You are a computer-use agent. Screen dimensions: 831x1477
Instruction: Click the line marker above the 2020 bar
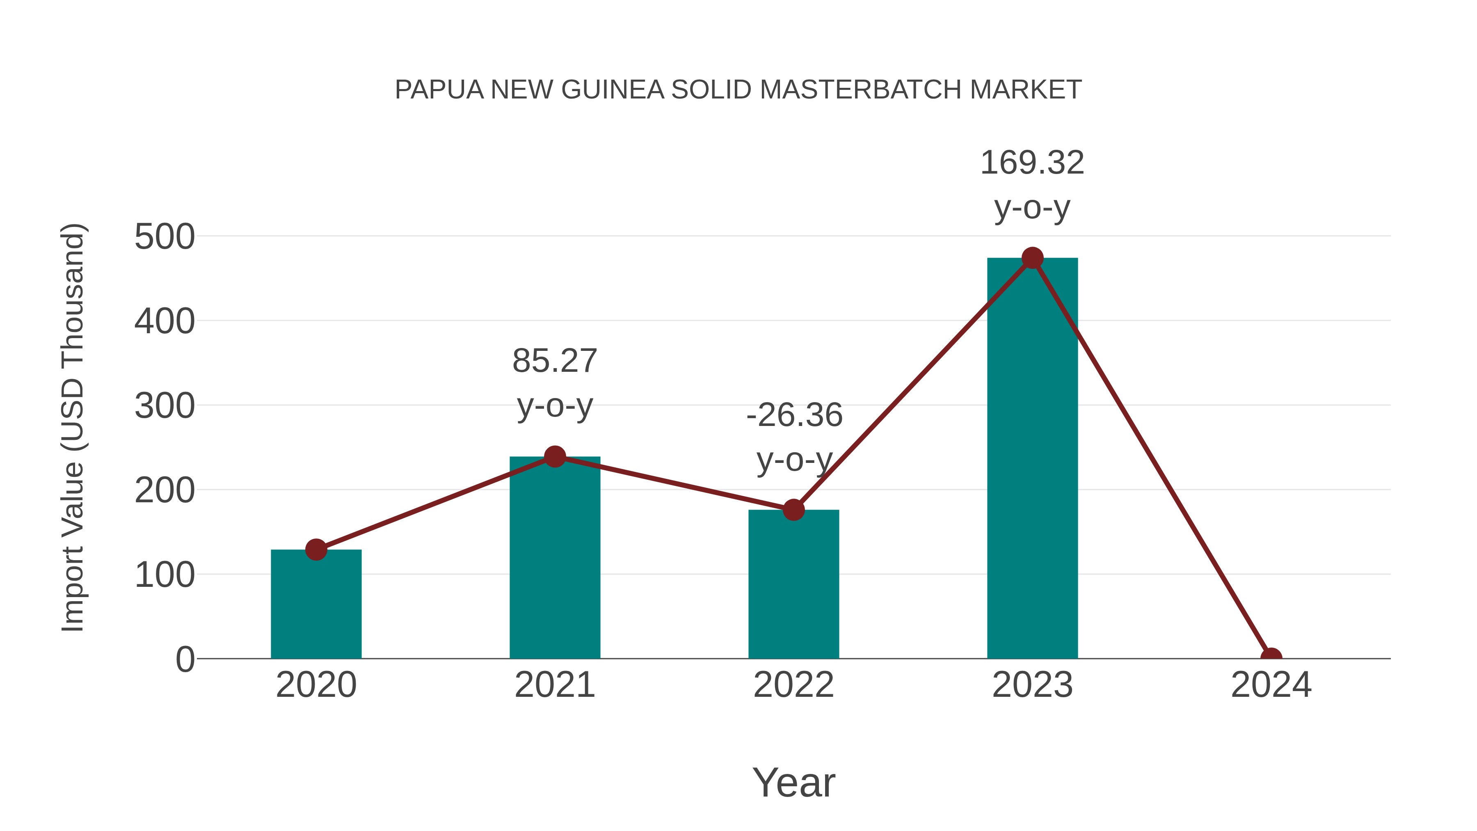[x=316, y=549]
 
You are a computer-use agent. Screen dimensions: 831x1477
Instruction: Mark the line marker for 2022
[x=793, y=509]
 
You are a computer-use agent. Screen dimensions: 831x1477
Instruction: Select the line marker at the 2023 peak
[x=1032, y=258]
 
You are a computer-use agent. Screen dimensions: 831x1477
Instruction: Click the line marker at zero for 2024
[x=1271, y=657]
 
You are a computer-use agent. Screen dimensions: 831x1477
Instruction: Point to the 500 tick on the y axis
[x=165, y=236]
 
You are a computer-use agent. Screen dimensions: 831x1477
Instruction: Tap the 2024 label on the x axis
[x=1271, y=685]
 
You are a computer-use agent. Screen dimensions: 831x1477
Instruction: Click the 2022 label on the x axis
[x=793, y=685]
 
